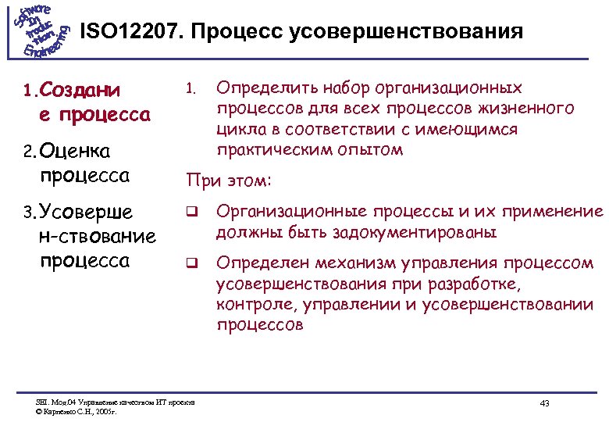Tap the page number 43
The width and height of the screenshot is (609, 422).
pyautogui.click(x=544, y=402)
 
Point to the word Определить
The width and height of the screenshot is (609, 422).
pyautogui.click(x=263, y=88)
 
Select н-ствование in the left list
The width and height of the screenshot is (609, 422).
pyautogui.click(x=96, y=235)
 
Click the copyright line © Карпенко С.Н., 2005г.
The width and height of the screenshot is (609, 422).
pyautogui.click(x=77, y=410)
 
